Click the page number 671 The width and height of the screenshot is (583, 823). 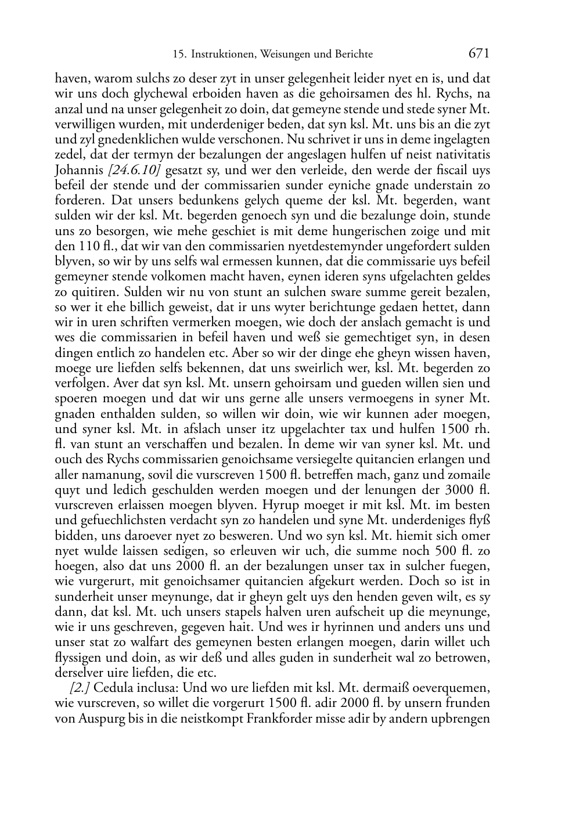tap(479, 53)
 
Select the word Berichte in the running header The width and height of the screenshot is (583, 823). tap(352, 55)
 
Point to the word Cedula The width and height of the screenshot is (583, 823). tap(111, 688)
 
